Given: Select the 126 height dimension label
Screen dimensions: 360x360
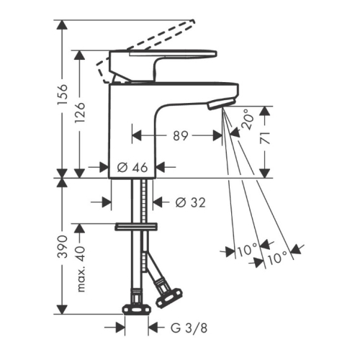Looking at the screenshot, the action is tap(80, 112).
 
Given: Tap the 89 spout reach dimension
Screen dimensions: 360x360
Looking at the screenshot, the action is tap(181, 136).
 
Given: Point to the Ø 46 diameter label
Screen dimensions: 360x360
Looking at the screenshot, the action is tap(132, 167).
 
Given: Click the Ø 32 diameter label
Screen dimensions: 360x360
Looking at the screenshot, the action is tap(191, 202).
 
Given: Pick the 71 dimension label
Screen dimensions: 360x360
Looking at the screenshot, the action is tap(265, 138).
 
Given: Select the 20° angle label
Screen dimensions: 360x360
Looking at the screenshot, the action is tap(248, 120).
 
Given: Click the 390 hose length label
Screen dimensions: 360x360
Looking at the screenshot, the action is tap(63, 246).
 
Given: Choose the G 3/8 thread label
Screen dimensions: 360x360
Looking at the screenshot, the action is tap(189, 328).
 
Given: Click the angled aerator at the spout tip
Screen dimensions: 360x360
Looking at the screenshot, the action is tap(220, 104).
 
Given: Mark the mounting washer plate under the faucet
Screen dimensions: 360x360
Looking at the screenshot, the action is tap(136, 227).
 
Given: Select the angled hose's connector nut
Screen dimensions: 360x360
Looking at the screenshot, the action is tap(169, 298).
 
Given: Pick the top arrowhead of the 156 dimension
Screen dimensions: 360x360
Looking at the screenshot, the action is tap(63, 24).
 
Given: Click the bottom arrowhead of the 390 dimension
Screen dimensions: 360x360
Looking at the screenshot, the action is tap(63, 309).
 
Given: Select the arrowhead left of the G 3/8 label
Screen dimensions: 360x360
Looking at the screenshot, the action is tap(120, 328).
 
